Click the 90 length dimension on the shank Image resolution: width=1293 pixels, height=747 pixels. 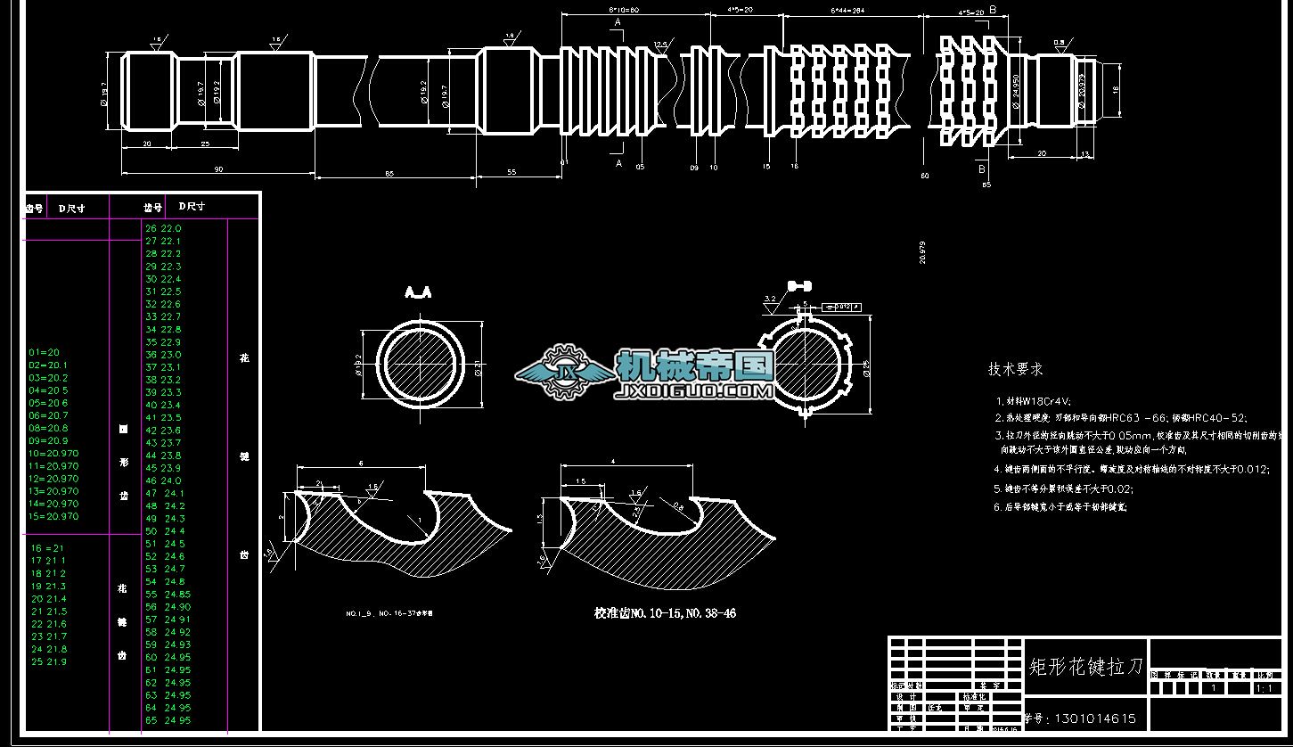tap(218, 168)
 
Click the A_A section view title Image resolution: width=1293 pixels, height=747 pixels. tap(418, 292)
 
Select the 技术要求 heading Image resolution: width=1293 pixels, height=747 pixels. tap(1015, 369)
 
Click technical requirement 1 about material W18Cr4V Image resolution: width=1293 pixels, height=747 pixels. tap(1034, 402)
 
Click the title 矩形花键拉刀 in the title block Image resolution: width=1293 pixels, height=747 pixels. tap(1084, 666)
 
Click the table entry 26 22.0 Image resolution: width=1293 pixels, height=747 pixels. tap(163, 228)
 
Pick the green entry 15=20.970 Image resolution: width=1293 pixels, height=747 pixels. tap(53, 516)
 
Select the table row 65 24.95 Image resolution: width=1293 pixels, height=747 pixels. tap(168, 720)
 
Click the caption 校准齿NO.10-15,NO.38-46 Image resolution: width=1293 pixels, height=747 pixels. tap(665, 613)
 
